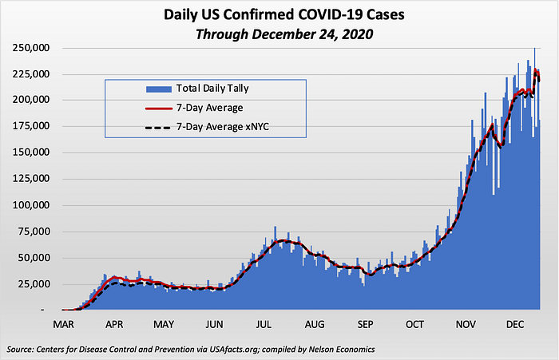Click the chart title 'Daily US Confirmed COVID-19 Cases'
pos(284,14)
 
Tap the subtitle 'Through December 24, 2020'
pos(284,34)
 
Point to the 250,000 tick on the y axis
pos(31,48)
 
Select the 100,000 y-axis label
pos(31,205)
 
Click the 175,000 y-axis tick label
pos(31,126)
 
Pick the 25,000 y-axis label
pos(34,284)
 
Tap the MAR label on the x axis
pos(63,325)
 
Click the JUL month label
pos(264,325)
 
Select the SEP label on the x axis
pos(365,325)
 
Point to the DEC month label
pos(515,325)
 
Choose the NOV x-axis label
pos(466,325)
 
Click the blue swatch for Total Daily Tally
pos(159,89)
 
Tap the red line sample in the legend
pos(159,108)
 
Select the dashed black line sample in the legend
pos(159,128)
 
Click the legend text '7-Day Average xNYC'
pos(223,127)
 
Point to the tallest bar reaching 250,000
pos(534,178)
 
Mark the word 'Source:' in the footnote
pos(20,350)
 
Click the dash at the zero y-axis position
pos(42,311)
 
